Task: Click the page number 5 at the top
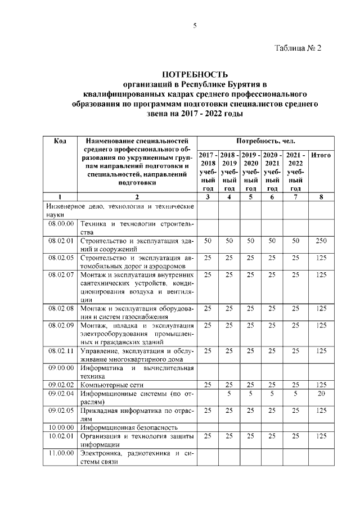[195, 25]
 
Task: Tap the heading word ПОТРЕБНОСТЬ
[195, 74]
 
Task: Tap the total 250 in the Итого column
[321, 241]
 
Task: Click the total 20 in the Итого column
[321, 394]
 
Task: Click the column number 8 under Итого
[321, 197]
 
